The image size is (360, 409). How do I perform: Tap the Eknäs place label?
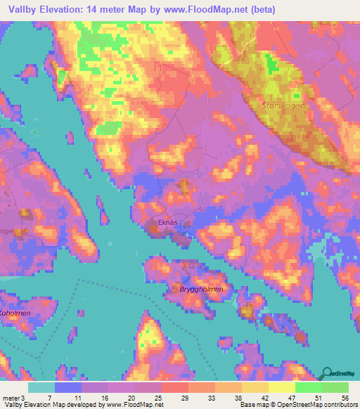pos(162,222)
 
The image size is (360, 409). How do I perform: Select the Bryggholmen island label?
pos(201,289)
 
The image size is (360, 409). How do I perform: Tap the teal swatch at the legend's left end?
pos(41,387)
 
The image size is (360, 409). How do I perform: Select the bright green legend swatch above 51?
pos(308,387)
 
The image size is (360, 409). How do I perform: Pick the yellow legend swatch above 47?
pos(281,387)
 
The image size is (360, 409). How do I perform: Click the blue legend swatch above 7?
pos(67,387)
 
